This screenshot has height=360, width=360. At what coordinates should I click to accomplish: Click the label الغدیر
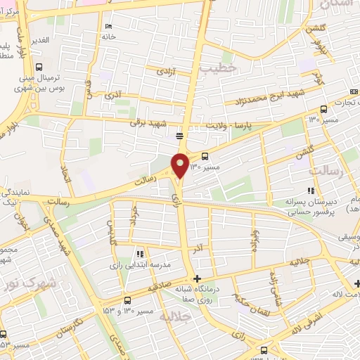[39, 40]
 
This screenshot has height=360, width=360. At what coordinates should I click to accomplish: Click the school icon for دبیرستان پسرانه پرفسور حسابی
[309, 191]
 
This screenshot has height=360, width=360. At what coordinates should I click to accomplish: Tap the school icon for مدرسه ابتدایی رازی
[139, 254]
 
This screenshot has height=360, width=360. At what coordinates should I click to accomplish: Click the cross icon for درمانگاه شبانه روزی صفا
[198, 278]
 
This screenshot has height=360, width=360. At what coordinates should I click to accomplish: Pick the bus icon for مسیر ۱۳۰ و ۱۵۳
[127, 300]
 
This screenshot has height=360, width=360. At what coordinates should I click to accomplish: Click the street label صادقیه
[162, 288]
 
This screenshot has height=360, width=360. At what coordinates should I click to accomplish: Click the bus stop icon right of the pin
[205, 156]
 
